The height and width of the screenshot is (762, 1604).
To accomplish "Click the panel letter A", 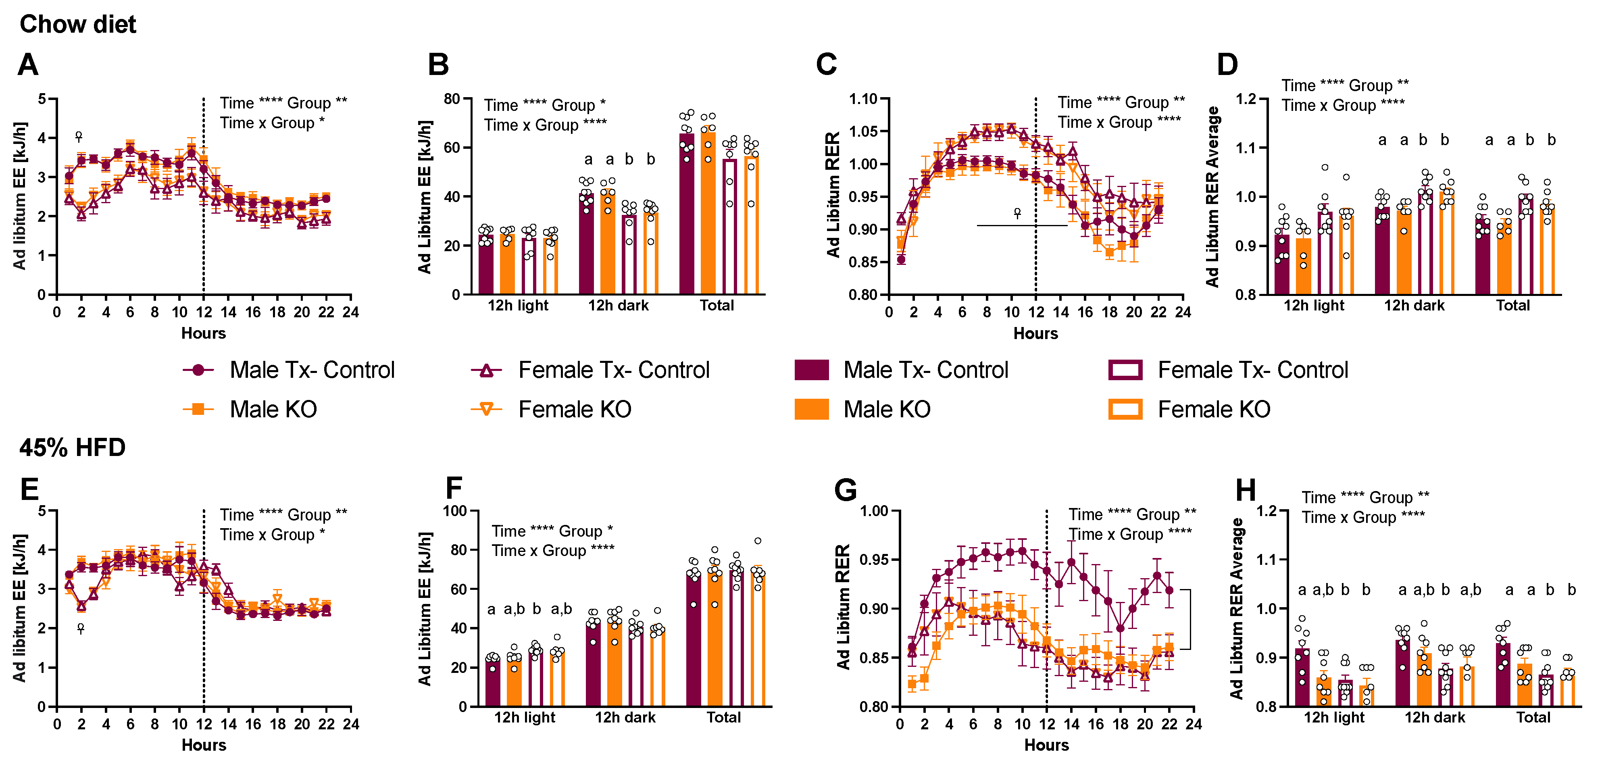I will (x=28, y=65).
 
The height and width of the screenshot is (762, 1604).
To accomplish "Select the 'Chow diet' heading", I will (x=78, y=24).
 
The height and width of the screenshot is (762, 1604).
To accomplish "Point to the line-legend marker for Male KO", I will (x=198, y=409).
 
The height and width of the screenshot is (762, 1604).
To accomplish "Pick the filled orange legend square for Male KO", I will (x=811, y=409).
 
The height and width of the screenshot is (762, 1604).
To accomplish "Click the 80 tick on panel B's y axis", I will (x=452, y=99).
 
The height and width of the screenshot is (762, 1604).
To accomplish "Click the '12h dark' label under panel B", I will (x=618, y=306).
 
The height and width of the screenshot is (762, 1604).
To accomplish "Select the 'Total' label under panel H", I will (x=1533, y=717).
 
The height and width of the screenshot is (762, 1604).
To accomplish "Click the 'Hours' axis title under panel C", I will (x=1035, y=333).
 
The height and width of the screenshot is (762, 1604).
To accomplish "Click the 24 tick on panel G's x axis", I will (x=1193, y=724).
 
